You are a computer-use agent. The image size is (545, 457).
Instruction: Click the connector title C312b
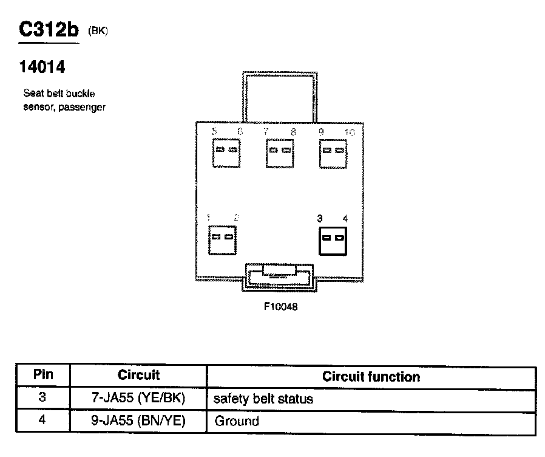pos(49,30)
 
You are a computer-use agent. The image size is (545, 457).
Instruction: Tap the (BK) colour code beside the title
pos(98,31)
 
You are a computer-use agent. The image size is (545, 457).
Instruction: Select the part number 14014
pos(42,67)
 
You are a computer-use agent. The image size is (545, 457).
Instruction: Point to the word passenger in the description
pos(82,107)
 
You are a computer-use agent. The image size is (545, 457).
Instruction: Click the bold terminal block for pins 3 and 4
pos(333,238)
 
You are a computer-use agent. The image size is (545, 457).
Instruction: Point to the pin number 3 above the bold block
pos(319,218)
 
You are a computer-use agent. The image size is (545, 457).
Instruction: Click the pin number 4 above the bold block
pos(345,218)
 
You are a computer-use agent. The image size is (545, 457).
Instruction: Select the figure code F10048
pos(280,307)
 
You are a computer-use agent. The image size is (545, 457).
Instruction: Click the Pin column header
pos(43,375)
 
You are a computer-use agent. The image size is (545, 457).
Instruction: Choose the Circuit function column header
pos(371,377)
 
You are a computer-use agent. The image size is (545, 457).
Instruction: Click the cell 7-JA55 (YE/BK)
pos(138,399)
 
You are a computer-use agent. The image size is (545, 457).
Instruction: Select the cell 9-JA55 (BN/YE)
pos(138,421)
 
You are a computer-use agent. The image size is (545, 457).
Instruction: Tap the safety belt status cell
pos(263,399)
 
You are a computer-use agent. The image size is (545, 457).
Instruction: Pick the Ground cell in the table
pos(237,421)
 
